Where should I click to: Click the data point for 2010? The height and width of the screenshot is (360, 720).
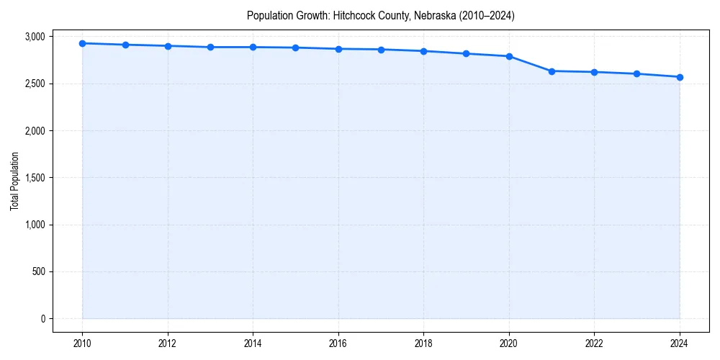[83, 43]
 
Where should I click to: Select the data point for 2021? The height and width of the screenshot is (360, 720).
[552, 71]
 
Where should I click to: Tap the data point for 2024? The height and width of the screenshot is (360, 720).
[680, 77]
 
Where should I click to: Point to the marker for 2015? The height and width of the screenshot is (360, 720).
[296, 48]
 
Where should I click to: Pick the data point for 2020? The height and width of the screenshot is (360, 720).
[509, 56]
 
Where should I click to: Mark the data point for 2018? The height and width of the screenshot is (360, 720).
[423, 51]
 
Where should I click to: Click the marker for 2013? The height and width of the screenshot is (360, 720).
[210, 47]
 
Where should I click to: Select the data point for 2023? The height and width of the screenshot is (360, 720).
[637, 73]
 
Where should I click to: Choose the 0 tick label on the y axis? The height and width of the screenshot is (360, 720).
[42, 319]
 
